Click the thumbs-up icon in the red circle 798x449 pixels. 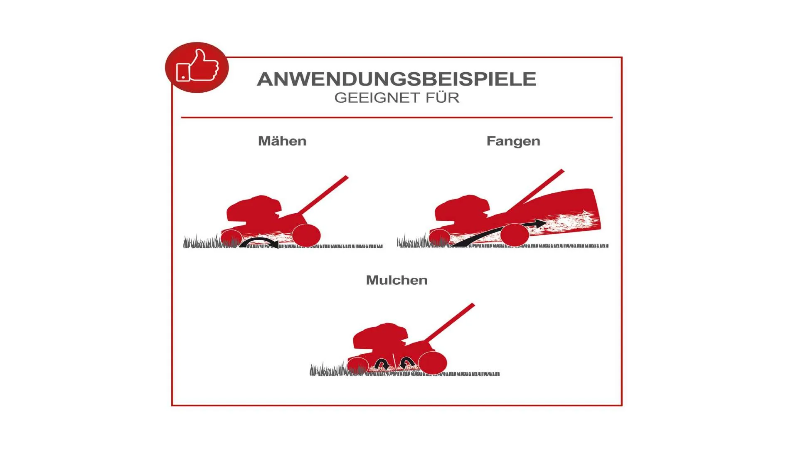click(x=198, y=66)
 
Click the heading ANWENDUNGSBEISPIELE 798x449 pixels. click(x=397, y=79)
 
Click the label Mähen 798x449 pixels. click(x=282, y=141)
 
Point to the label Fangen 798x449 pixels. click(x=513, y=141)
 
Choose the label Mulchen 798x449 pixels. click(x=397, y=280)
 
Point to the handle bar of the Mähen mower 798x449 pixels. click(x=323, y=195)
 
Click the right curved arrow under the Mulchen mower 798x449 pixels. click(x=407, y=363)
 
